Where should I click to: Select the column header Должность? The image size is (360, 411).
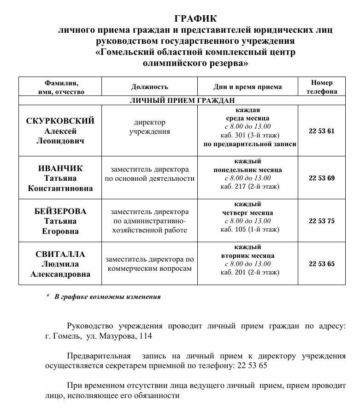[x=149, y=87]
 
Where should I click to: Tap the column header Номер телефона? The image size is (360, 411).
[x=322, y=87]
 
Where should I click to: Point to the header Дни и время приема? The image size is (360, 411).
[x=248, y=87]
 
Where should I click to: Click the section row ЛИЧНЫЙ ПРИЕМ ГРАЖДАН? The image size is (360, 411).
[x=182, y=100]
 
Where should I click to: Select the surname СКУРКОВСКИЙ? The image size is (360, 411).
[x=60, y=121]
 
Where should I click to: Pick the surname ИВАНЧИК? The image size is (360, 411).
[x=60, y=168]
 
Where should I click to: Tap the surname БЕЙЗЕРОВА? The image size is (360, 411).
[x=60, y=211]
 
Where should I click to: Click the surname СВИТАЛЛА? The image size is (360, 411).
[x=60, y=254]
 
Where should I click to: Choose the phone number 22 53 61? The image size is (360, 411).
[x=322, y=131]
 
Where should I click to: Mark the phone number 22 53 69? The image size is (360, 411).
[x=322, y=178]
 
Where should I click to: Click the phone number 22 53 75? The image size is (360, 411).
[x=322, y=221]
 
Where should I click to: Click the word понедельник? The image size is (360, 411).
[x=237, y=170]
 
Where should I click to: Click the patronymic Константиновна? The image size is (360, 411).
[x=60, y=188]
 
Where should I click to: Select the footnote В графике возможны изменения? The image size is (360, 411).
[x=107, y=297]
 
